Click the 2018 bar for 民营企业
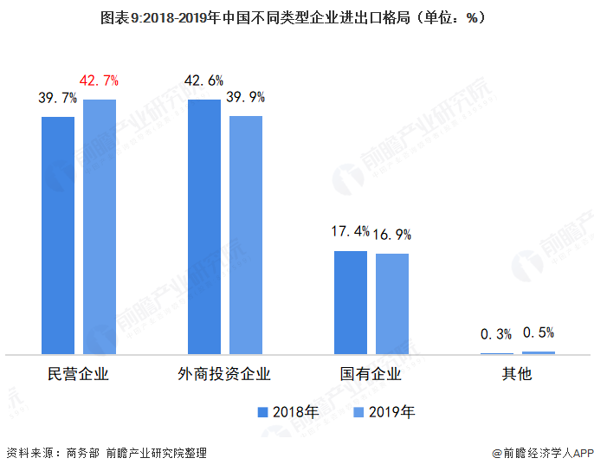point(58,235)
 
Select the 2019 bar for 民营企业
point(100,227)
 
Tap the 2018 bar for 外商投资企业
point(204,227)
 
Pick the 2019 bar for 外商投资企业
point(246,235)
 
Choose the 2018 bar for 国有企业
point(351,302)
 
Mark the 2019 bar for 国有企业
point(391,304)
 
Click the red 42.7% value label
point(99,81)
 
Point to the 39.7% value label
point(57,99)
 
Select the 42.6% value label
point(203,81)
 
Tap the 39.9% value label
point(245,97)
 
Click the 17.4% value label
point(350,232)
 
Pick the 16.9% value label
point(391,235)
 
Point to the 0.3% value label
point(497,334)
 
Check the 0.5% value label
point(538,332)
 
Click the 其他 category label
point(517,375)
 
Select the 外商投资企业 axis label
point(224,375)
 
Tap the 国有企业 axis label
point(371,375)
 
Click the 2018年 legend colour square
point(262,411)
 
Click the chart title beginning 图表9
point(296,17)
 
